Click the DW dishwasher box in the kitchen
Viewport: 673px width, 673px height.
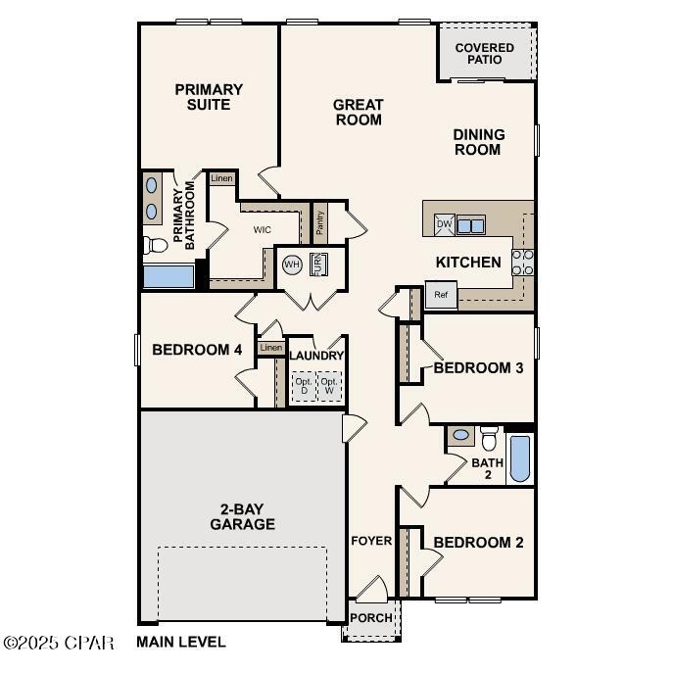[444, 224]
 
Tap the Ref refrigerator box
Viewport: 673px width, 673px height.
[441, 294]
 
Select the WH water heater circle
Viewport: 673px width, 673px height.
[292, 264]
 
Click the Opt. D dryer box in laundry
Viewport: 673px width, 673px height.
[303, 386]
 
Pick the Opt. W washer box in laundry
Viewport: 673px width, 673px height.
[329, 386]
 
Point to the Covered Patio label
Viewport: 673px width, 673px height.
[485, 53]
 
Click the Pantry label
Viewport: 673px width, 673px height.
[319, 222]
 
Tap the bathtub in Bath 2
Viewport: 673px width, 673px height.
[520, 458]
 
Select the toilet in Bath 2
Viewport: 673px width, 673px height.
[489, 438]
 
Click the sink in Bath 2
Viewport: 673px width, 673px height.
[460, 434]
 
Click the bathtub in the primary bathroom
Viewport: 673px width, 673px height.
[168, 275]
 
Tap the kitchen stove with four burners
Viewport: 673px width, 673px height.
[523, 261]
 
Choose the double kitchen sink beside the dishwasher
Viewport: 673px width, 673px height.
[471, 224]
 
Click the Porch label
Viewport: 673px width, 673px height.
[370, 618]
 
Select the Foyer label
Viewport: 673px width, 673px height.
[371, 541]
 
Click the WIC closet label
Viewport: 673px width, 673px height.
[262, 230]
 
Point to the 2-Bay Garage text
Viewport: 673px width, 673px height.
[242, 516]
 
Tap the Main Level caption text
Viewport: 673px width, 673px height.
[181, 643]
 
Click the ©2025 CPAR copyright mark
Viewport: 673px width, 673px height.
[59, 643]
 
